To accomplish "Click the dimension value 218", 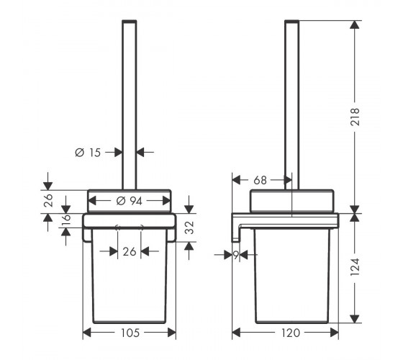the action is point(355,117).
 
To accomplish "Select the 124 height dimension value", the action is point(355,267).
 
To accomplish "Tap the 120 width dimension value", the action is point(291,333).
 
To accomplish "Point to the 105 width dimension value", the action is point(130,333).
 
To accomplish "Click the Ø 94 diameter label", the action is point(129,201).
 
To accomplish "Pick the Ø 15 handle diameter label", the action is point(88,153).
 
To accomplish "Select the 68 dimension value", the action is point(260,181).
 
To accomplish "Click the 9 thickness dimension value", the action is point(236,255).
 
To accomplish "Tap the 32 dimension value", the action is point(189,228).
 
